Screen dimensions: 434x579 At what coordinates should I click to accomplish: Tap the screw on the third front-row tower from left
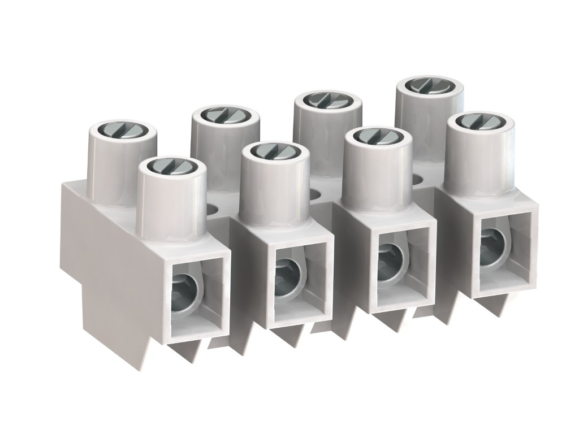(375, 136)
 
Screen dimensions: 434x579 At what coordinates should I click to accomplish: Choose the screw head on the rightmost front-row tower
(477, 121)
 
